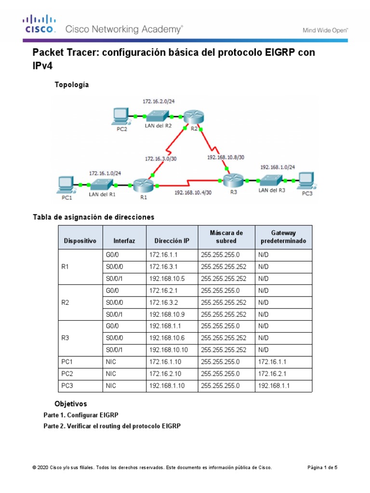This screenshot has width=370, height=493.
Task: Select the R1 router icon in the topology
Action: coord(142,184)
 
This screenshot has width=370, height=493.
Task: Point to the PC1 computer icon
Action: coord(65,184)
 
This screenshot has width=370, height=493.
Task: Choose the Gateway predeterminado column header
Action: coord(283,236)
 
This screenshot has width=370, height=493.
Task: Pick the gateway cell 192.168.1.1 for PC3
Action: coord(274,386)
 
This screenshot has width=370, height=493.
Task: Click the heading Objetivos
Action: coord(71,403)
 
